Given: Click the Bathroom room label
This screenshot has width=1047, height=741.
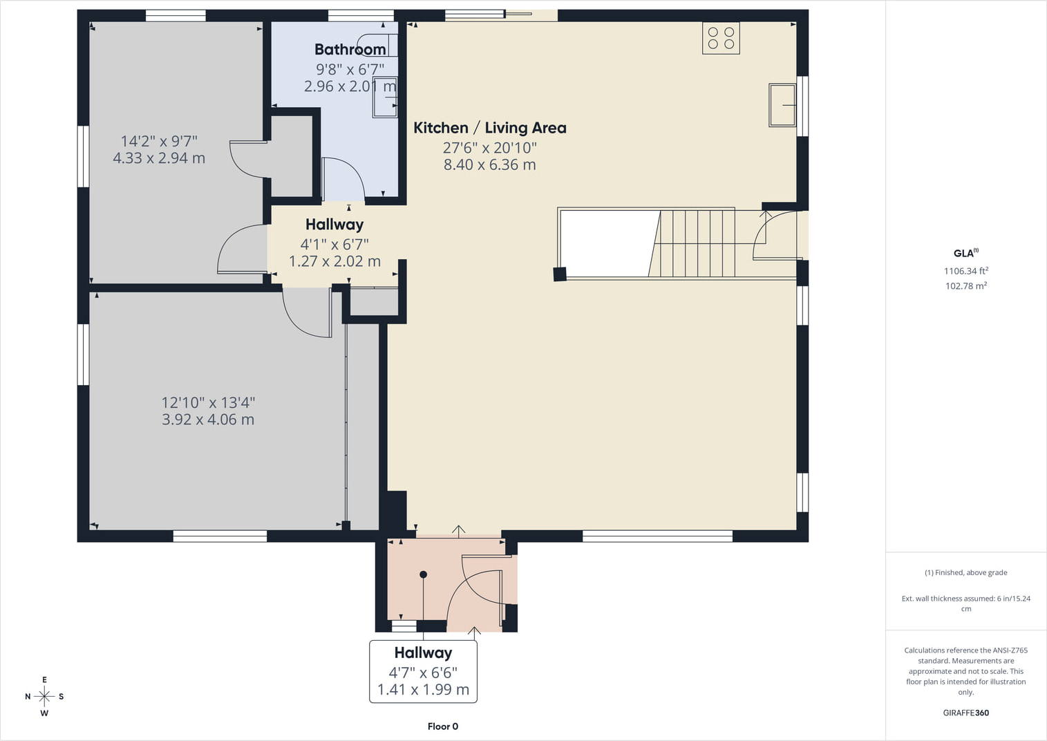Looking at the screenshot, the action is pos(350,49).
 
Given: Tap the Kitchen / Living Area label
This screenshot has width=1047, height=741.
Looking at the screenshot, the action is pos(490,128).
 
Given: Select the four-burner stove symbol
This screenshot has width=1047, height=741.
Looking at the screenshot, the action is pos(721,38).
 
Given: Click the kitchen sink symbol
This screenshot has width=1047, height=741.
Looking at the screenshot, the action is pos(782,105).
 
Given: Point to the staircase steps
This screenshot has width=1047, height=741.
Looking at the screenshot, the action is pos(692,243).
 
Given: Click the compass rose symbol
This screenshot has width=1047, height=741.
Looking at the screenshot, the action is pos(44,697).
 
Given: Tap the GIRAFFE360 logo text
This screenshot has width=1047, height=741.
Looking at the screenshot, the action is pos(965,713).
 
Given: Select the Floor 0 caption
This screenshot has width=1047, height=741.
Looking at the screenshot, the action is pos(442,726).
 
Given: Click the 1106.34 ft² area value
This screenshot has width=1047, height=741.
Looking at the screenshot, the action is pos(965,271).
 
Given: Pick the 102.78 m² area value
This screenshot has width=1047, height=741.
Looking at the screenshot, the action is pos(965,285).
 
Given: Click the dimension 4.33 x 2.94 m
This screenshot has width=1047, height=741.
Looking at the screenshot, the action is pos(159,158).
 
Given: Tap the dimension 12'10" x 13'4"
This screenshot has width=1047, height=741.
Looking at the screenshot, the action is pos(208,402).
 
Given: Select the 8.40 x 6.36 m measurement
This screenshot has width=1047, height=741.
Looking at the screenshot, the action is pos(490,165).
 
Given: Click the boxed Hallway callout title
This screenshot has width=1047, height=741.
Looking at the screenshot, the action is pos(423,653).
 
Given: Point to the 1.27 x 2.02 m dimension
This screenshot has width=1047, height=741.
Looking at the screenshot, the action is pos(334,261).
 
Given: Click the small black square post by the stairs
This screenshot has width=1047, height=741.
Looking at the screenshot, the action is pos(560,274).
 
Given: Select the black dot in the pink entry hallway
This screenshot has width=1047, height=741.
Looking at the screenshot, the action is pos(423,574).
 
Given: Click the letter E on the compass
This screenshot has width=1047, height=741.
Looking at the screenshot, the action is pos(44,679).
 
